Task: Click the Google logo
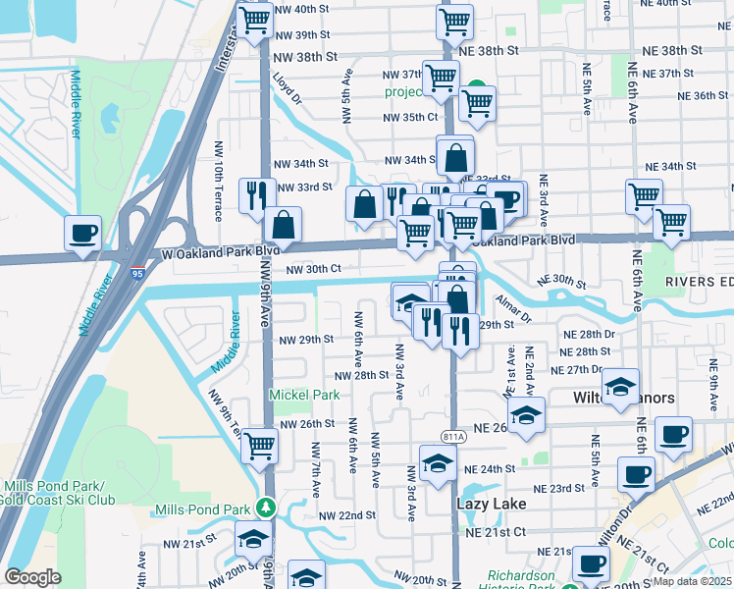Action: pos(33,577)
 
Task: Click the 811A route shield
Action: pos(453,437)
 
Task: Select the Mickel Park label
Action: pos(304,395)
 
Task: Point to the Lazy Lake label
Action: pos(493,504)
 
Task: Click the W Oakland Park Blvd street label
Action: pos(214,250)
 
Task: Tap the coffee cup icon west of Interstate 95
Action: pos(82,233)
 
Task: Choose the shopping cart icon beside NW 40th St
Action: pos(255,19)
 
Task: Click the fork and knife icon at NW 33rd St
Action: pos(256,193)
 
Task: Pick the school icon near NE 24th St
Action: pos(438,462)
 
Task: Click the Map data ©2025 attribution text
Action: pos(693,579)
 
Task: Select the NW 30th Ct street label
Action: pos(313,269)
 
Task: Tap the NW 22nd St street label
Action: pos(347,515)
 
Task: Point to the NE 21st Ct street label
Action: pos(496,531)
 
